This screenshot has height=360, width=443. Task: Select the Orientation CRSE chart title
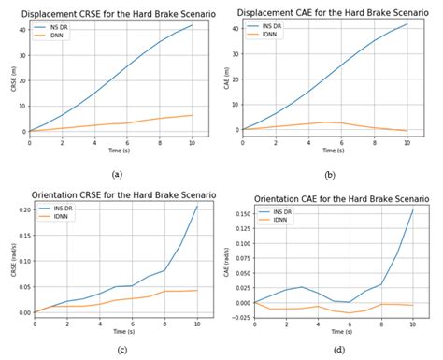[114, 194]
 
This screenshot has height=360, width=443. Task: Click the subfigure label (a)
[116, 175]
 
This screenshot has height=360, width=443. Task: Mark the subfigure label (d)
[338, 350]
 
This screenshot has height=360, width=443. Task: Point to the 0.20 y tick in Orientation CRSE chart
[22, 209]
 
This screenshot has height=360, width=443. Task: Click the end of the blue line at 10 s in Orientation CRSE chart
[197, 206]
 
